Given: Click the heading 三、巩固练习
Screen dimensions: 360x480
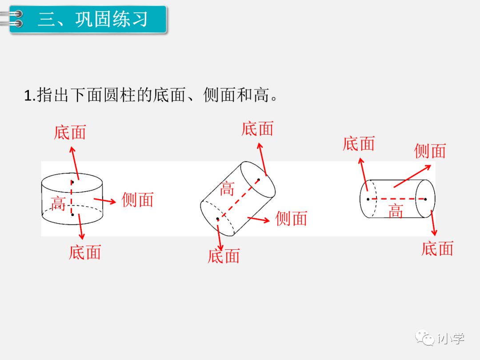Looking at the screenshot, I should (x=93, y=20).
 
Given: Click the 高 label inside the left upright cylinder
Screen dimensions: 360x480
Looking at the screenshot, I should (x=58, y=204).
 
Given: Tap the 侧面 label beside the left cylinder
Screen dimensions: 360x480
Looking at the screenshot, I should (x=137, y=200).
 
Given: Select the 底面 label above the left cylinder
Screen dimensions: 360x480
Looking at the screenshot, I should (x=70, y=132).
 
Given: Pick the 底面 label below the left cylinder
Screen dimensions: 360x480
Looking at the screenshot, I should (x=85, y=252).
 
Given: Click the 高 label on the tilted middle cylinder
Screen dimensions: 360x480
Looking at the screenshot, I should (x=227, y=189).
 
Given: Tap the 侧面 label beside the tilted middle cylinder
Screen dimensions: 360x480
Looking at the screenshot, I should (x=291, y=219).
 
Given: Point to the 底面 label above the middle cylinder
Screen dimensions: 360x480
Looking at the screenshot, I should (x=257, y=129).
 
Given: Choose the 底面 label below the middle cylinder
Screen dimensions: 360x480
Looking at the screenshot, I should (x=224, y=256).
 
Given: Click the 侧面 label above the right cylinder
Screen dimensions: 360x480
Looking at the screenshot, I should (x=430, y=151).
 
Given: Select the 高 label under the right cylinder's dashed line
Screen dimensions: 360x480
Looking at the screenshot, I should (x=396, y=211).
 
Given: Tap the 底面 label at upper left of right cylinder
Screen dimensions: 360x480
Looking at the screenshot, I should (x=359, y=144).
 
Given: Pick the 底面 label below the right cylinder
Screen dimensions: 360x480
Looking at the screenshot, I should (x=437, y=248).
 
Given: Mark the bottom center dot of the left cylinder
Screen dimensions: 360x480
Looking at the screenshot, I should (x=72, y=214).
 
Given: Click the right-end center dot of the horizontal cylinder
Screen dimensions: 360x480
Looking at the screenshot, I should (x=425, y=199).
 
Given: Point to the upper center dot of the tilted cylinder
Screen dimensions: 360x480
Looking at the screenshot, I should (x=258, y=180).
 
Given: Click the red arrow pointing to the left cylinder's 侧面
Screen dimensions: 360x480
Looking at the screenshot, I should (x=105, y=200).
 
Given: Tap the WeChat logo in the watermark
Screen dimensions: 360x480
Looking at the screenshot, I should (x=425, y=338).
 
